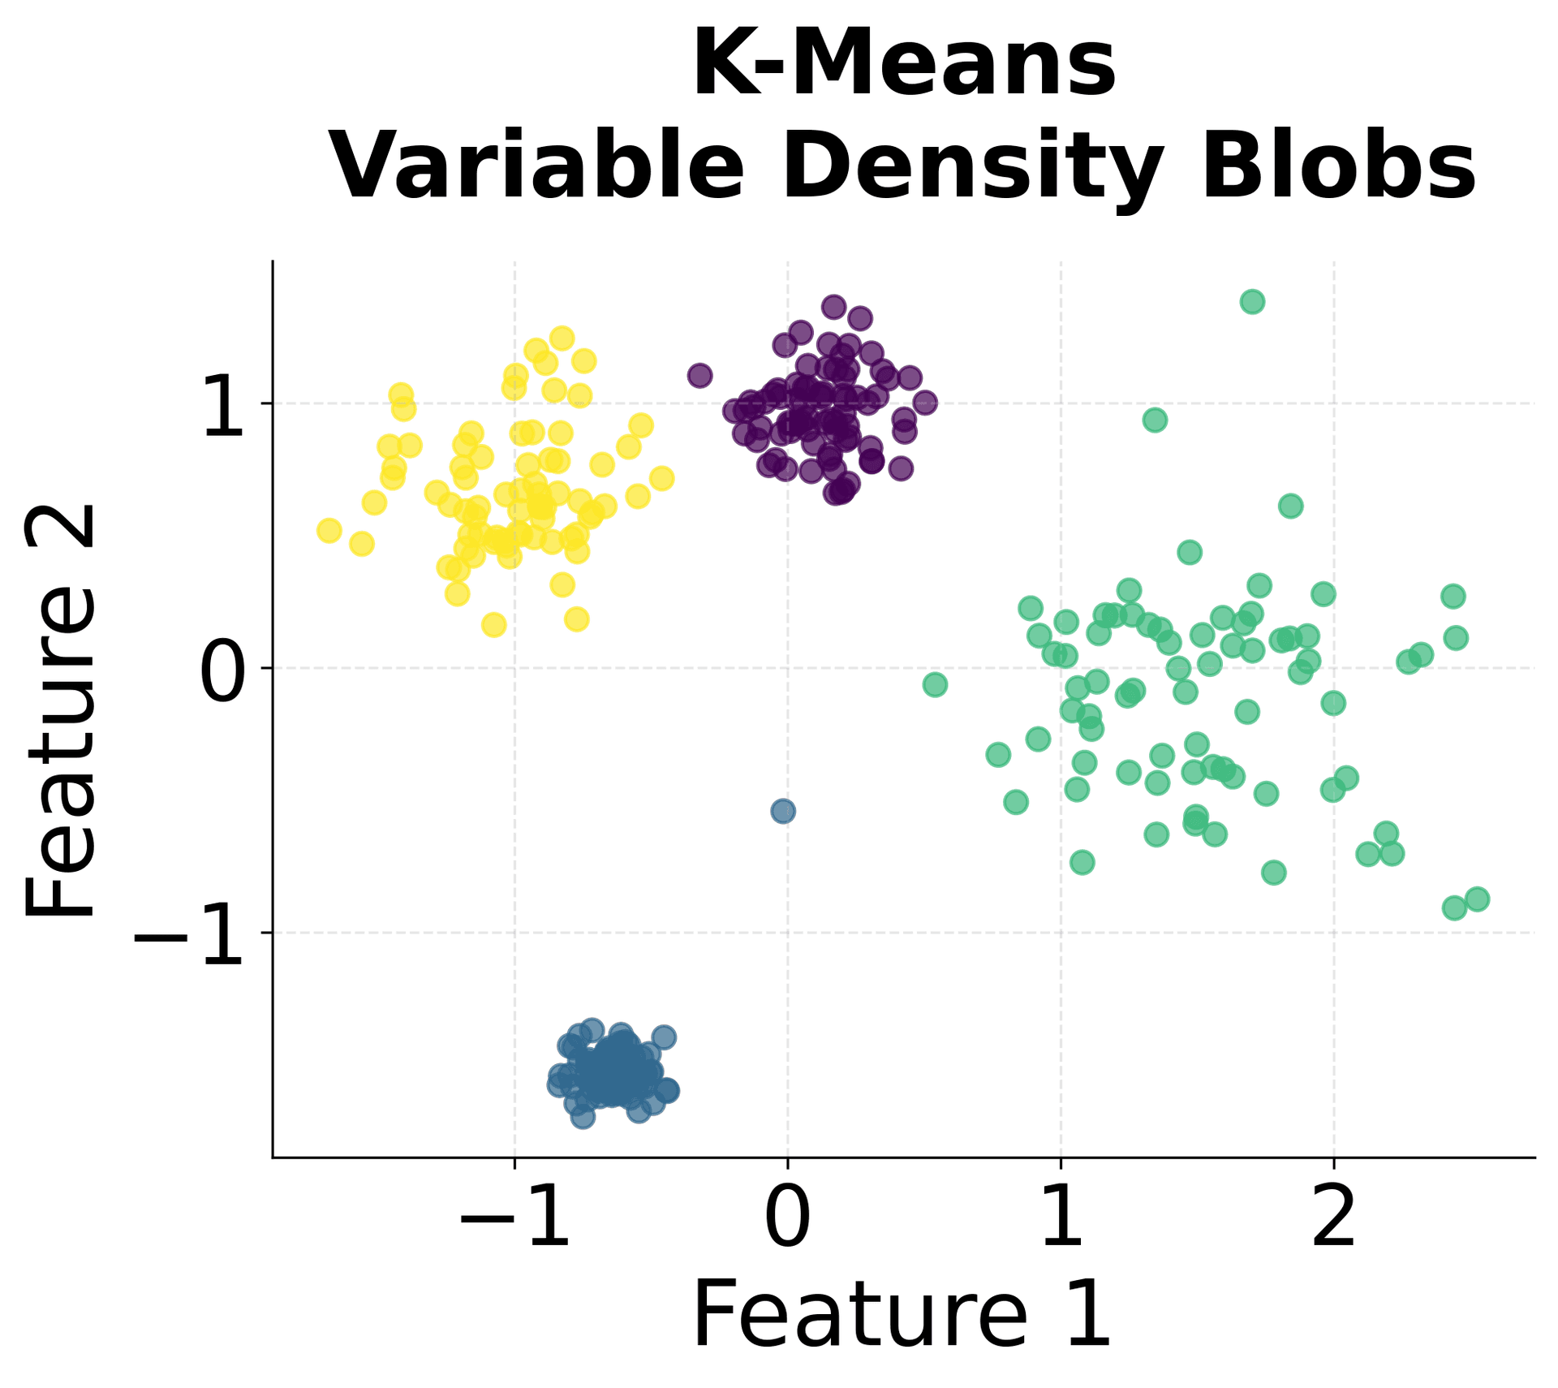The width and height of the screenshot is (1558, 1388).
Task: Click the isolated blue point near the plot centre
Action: click(782, 811)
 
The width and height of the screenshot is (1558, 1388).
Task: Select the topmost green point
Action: click(1252, 302)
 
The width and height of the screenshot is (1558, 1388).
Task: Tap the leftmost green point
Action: click(935, 684)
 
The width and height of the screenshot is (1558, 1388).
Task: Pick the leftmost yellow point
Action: click(329, 530)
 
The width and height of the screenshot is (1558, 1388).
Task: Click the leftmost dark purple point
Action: click(699, 376)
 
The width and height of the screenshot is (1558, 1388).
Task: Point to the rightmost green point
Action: click(1477, 899)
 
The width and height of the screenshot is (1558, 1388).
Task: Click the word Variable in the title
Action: click(536, 166)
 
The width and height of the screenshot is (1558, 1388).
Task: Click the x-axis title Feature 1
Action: click(902, 1315)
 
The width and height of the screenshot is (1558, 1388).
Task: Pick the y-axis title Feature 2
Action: click(61, 710)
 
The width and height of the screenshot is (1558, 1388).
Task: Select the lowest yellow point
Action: click(494, 625)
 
